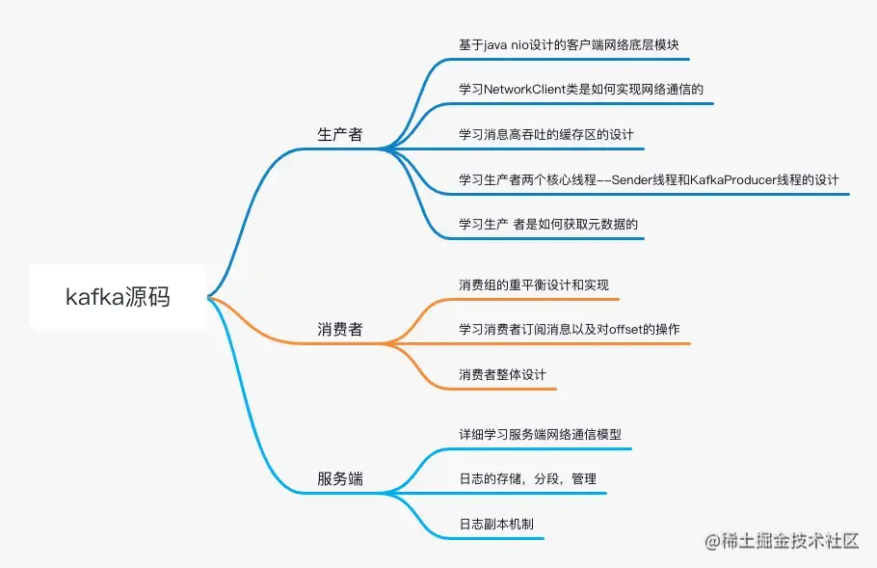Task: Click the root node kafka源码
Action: pyautogui.click(x=118, y=297)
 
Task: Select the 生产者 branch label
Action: pyautogui.click(x=340, y=135)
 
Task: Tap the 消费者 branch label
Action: pyautogui.click(x=340, y=330)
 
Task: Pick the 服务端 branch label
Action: pyautogui.click(x=340, y=478)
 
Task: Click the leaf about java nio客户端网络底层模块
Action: pyautogui.click(x=574, y=45)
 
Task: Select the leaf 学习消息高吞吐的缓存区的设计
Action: pyautogui.click(x=545, y=134)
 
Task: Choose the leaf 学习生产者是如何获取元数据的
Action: pyautogui.click(x=549, y=225)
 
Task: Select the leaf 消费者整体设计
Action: pyautogui.click(x=503, y=374)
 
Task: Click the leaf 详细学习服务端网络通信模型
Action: pyautogui.click(x=546, y=434)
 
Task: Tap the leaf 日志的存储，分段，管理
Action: pyautogui.click(x=528, y=479)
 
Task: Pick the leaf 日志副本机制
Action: pyautogui.click(x=496, y=524)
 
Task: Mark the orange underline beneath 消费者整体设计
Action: pyautogui.click(x=501, y=389)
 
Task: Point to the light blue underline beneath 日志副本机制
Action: pyautogui.click(x=501, y=538)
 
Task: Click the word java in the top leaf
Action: pyautogui.click(x=508, y=45)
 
